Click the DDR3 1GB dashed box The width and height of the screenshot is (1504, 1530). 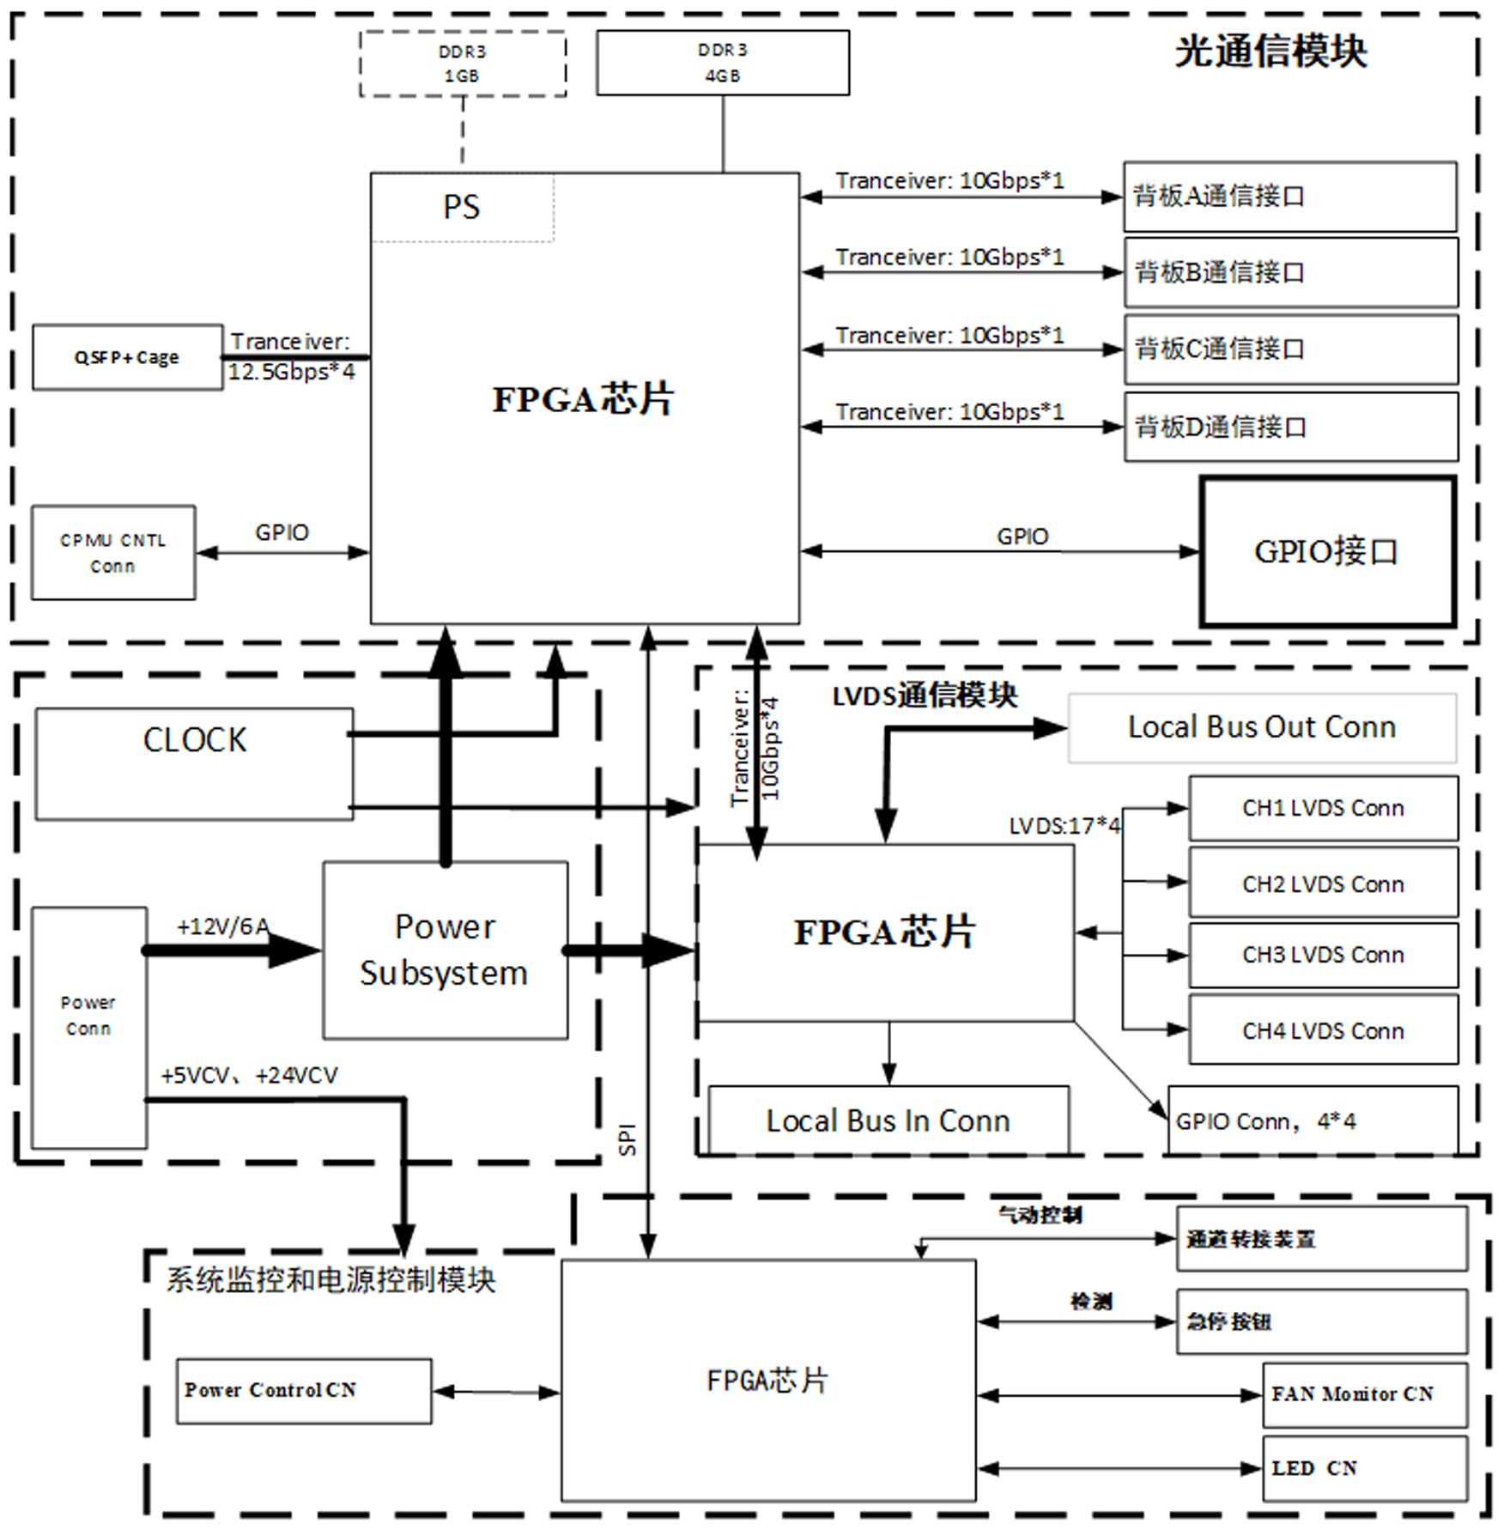(x=463, y=64)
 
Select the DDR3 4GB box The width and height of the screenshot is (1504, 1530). (x=723, y=63)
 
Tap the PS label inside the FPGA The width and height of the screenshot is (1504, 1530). (x=461, y=207)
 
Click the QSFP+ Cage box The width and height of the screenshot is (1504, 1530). (x=127, y=357)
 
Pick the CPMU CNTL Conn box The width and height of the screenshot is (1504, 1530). (x=113, y=553)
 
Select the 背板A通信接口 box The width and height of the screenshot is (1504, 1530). (x=1289, y=197)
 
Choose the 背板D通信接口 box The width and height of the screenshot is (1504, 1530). (x=1290, y=427)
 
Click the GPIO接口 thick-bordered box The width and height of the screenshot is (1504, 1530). (x=1326, y=551)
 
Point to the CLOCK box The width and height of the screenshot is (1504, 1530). (x=194, y=763)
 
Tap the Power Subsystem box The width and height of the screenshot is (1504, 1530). (x=445, y=950)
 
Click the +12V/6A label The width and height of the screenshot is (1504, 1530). (x=223, y=926)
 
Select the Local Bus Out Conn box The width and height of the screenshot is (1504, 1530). (x=1261, y=727)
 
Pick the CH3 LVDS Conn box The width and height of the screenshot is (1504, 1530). (x=1322, y=955)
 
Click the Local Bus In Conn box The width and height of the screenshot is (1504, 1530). (x=888, y=1120)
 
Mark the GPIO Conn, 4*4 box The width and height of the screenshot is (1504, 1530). (x=1312, y=1120)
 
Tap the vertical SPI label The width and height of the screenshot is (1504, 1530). (x=628, y=1138)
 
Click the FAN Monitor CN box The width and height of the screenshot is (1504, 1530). (x=1363, y=1394)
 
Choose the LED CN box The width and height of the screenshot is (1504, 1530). (x=1363, y=1468)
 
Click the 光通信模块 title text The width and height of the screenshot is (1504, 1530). (x=1270, y=52)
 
